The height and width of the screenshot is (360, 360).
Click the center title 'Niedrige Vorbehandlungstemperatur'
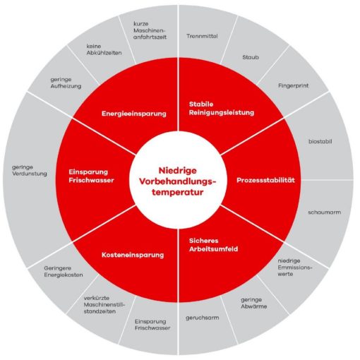pos(178,181)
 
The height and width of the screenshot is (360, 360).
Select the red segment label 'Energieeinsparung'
pos(134,114)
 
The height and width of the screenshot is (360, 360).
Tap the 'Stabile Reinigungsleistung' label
pos(222,108)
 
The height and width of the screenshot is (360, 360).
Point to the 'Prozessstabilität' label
pos(265,180)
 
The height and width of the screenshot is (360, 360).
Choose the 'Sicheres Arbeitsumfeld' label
pos(213,245)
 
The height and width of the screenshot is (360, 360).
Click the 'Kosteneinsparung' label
pos(133,255)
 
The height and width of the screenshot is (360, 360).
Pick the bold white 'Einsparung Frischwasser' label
pos(91,176)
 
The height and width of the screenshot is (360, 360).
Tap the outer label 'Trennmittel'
pos(202,36)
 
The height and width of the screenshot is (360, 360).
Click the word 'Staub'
pos(251,57)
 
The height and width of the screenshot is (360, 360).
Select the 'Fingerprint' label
pos(293,85)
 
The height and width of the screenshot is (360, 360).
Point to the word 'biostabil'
pos(320,141)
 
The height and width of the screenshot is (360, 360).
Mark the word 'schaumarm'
pos(325,212)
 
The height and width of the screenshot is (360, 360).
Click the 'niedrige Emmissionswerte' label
pos(295,268)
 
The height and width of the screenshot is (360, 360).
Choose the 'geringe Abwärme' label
pos(253,303)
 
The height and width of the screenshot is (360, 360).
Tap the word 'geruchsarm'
pos(203,318)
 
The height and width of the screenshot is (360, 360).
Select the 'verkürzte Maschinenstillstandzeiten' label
pos(104,305)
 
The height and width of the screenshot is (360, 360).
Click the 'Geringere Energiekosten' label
pos(64,272)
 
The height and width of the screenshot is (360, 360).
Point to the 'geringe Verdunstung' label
pos(30,171)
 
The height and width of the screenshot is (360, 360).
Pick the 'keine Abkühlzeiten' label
pos(104,49)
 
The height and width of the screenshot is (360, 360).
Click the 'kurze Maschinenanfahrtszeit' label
pos(150,30)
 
